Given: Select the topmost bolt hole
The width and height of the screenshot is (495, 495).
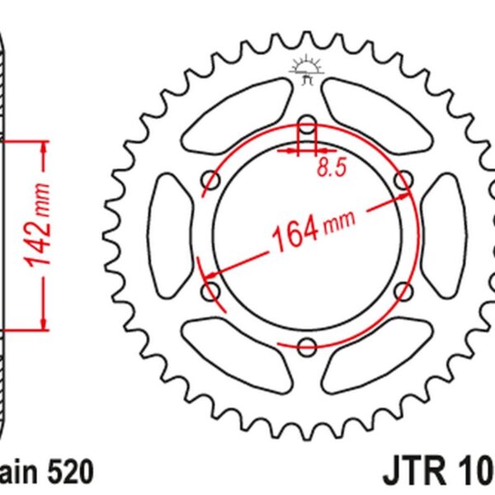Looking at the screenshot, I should click(x=307, y=125).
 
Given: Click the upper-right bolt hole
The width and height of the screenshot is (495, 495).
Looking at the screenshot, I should click(x=403, y=180).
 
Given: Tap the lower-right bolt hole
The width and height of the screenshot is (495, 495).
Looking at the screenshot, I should click(x=403, y=290).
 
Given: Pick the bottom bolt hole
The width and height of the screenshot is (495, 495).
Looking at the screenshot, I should click(x=307, y=346).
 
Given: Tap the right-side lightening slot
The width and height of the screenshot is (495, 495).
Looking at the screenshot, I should click(x=445, y=235).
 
